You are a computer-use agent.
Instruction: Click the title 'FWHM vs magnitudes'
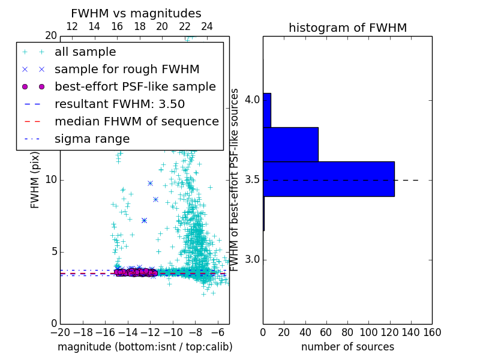[x=136, y=14]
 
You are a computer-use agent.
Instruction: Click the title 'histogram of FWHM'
[x=347, y=28]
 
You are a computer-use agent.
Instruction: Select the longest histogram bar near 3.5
[x=328, y=179]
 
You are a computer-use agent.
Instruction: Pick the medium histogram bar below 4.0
[x=290, y=144]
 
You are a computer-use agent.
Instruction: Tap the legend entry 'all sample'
[x=85, y=52]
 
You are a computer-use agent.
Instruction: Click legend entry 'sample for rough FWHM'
[x=127, y=69]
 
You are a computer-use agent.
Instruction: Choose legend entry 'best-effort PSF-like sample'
[x=135, y=86]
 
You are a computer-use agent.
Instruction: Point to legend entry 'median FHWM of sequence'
[x=136, y=121]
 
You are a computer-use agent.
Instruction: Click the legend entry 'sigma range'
[x=92, y=139]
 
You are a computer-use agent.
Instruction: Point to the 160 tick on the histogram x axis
[x=432, y=332]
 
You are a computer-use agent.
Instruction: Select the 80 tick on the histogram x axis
[x=347, y=332]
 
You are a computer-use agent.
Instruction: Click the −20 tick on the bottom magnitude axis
[x=60, y=332]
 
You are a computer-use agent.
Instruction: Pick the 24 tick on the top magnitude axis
[x=207, y=26]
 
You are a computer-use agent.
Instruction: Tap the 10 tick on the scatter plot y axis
[x=52, y=180]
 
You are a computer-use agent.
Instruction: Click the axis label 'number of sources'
[x=347, y=347]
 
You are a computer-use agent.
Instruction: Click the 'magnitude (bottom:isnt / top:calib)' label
[x=145, y=347]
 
